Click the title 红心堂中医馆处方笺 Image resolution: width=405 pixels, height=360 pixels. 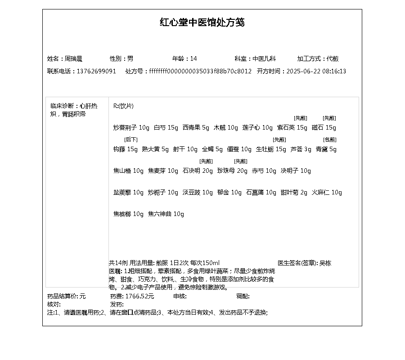point(202,22)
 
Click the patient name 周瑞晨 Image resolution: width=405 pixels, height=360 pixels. point(73,58)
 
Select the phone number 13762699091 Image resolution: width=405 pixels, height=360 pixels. point(96,71)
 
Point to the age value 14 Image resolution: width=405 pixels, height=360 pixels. point(193,58)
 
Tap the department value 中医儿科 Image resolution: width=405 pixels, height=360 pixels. point(264,58)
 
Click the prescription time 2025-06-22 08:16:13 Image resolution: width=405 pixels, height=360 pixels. point(316,71)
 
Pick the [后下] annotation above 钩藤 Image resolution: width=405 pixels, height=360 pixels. point(130,139)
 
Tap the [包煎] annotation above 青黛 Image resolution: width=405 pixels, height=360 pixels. point(329,139)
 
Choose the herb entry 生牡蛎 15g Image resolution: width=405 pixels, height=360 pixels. point(271,149)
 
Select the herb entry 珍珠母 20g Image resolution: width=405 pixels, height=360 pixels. point(232,171)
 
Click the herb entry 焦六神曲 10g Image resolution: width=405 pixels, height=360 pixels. point(166,214)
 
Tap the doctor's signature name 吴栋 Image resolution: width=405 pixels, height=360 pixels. point(325,263)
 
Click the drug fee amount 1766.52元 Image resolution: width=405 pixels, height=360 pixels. point(139,296)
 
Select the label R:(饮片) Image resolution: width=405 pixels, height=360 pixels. point(123,106)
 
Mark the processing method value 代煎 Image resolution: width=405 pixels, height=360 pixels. point(333,58)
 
